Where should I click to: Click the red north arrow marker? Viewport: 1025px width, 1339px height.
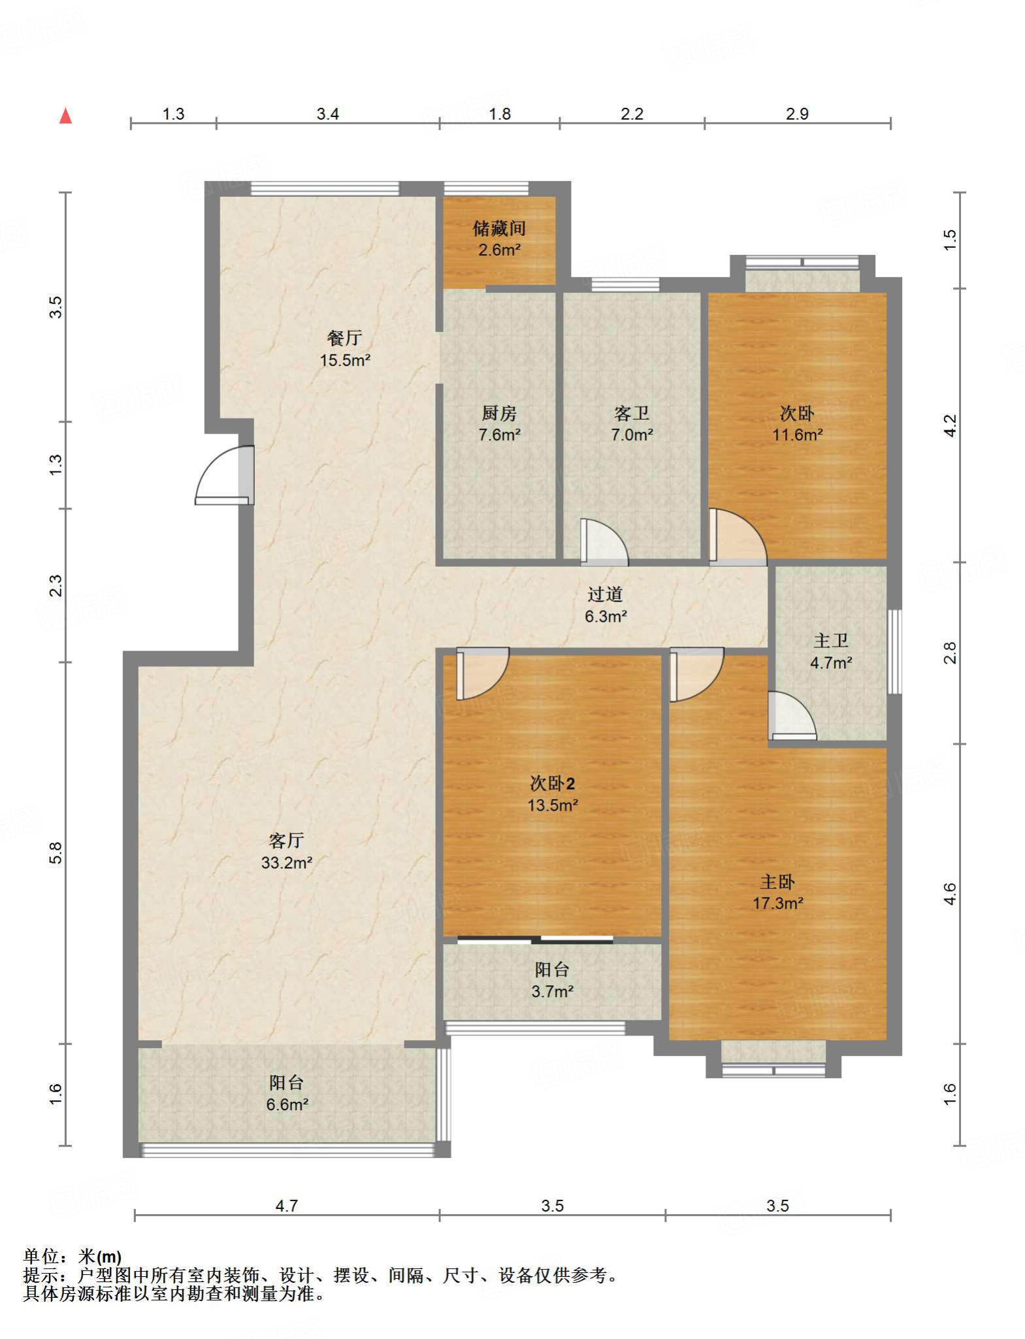65,116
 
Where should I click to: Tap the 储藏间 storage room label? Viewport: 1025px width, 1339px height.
499,228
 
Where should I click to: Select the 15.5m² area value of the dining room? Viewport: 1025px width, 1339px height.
345,360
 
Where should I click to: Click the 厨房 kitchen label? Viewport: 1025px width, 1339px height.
499,413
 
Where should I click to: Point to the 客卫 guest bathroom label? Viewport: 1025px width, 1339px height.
632,413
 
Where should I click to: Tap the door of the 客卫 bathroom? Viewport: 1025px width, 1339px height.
604,541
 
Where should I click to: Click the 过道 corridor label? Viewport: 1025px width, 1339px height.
605,594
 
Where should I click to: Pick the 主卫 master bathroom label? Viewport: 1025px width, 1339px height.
831,641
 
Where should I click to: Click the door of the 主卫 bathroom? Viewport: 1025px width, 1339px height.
792,716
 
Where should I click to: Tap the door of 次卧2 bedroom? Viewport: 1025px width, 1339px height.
483,673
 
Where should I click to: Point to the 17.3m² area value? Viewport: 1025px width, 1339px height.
777,904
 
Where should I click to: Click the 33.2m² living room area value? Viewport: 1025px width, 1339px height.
287,863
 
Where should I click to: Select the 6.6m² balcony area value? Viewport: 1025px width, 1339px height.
287,1105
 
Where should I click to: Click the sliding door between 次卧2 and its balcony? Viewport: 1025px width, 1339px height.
535,940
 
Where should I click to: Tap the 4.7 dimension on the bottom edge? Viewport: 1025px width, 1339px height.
287,1206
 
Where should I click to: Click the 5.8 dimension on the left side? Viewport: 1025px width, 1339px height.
56,853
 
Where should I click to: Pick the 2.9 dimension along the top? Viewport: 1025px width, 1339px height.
797,114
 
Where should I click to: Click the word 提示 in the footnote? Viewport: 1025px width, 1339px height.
41,1275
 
